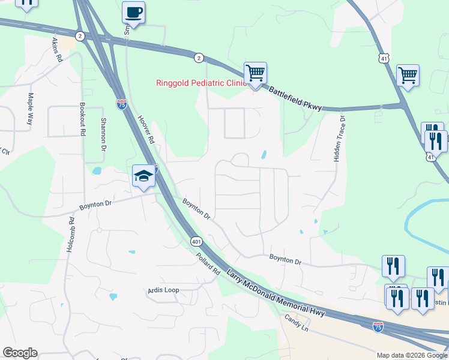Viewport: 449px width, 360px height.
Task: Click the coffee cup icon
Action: point(133,12)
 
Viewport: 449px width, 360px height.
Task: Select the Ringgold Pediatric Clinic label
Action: point(201,83)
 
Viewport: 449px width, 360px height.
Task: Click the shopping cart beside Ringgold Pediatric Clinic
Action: point(255,74)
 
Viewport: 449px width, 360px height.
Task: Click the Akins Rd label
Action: point(56,50)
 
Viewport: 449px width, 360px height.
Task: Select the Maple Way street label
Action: point(30,109)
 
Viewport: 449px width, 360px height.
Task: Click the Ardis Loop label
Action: point(164,290)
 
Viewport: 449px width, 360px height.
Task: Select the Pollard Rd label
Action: point(208,263)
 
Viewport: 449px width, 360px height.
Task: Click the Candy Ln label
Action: point(296,325)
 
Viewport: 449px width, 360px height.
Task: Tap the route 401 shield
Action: point(196,241)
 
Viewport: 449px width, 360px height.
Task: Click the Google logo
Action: point(20,353)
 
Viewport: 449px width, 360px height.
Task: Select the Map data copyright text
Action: point(411,355)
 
